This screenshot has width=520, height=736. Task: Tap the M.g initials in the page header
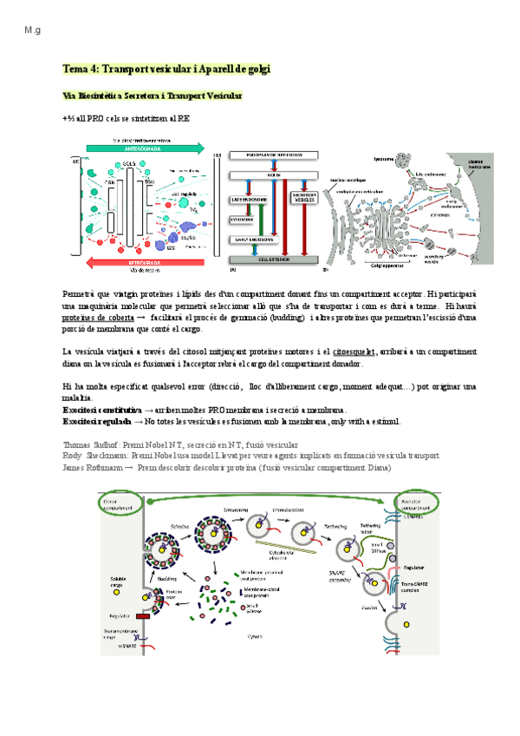[x=34, y=31]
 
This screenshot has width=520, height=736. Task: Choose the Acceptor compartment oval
[x=419, y=503]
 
